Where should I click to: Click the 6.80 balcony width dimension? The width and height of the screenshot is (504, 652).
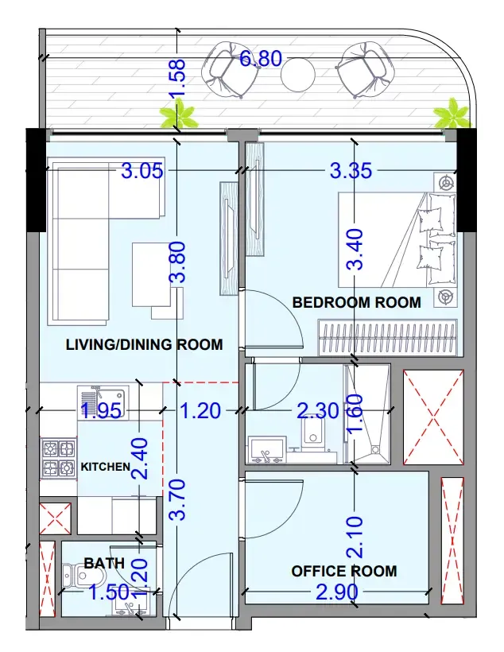(x=261, y=58)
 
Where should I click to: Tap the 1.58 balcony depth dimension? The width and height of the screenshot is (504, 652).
(x=176, y=79)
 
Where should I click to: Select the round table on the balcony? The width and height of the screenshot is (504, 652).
(x=298, y=75)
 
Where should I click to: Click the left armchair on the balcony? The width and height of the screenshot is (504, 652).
(x=224, y=69)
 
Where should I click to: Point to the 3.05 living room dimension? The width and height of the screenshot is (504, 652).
(x=142, y=170)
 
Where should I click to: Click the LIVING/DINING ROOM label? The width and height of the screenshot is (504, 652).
(x=145, y=344)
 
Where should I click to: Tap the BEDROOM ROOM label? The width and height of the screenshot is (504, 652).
(x=357, y=302)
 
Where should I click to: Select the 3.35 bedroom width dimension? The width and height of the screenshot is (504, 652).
(x=351, y=170)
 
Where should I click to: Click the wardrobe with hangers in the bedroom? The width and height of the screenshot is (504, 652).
(x=388, y=338)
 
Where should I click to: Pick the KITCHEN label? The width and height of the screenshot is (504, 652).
(x=106, y=467)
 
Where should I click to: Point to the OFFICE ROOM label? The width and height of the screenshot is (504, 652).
(x=344, y=571)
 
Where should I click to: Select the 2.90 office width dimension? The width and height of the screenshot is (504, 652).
(x=337, y=592)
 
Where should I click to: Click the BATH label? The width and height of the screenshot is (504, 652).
(x=104, y=563)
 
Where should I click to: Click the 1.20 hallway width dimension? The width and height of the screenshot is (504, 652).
(x=200, y=411)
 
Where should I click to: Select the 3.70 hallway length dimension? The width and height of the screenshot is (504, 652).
(x=177, y=499)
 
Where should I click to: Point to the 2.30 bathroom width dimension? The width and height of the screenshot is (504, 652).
(x=318, y=411)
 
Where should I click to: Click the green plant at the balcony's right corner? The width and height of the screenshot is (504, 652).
(x=452, y=113)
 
